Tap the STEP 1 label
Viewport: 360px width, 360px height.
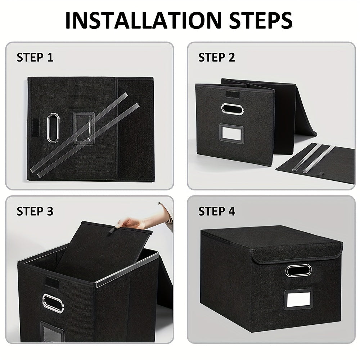(35, 57)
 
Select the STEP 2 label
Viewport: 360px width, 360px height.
(217, 57)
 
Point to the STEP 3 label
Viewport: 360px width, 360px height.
(35, 211)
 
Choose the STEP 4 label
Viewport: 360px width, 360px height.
(217, 211)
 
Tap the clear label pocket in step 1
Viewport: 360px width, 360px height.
(84, 128)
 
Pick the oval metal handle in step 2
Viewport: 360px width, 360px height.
(232, 109)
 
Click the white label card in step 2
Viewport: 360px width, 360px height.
(231, 132)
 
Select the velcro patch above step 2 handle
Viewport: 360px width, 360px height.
(231, 95)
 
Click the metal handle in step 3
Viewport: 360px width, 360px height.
(53, 303)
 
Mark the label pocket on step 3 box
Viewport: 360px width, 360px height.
(51, 332)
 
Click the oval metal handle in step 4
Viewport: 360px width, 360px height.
(298, 270)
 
